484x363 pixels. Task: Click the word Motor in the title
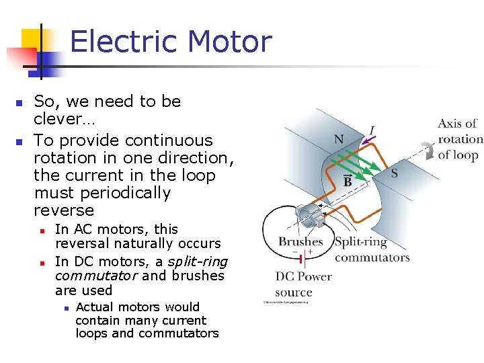pyautogui.click(x=231, y=42)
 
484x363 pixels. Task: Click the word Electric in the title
pyautogui.click(x=125, y=42)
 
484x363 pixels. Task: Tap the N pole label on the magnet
pyautogui.click(x=339, y=140)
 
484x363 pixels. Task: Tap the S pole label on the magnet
pyautogui.click(x=394, y=173)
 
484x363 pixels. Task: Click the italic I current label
pyautogui.click(x=372, y=130)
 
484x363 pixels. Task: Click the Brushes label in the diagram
pyautogui.click(x=300, y=241)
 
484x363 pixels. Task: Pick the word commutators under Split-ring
pyautogui.click(x=372, y=257)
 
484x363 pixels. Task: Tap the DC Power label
pyautogui.click(x=304, y=276)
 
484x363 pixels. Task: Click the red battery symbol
pyautogui.click(x=303, y=258)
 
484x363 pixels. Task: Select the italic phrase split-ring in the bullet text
pyautogui.click(x=198, y=261)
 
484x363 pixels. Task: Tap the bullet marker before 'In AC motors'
pyautogui.click(x=42, y=230)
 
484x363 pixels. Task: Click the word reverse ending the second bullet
pyautogui.click(x=64, y=210)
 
